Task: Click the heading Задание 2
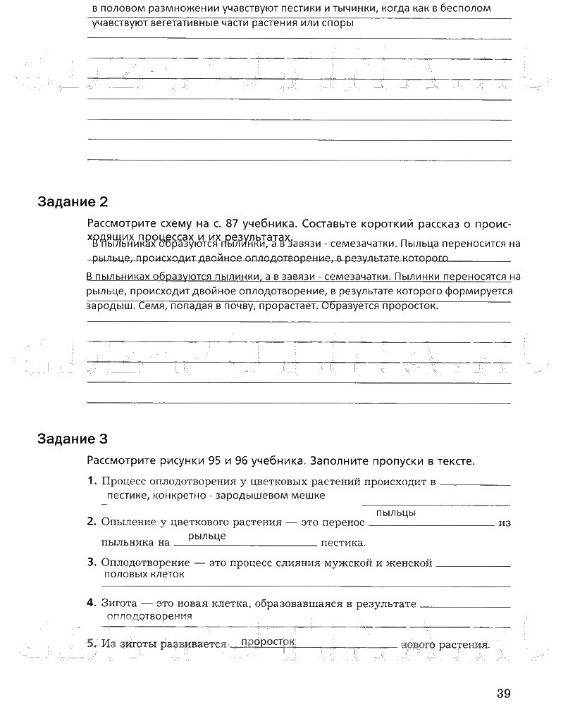pyautogui.click(x=72, y=203)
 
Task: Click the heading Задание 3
pyautogui.click(x=72, y=440)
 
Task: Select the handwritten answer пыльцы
pyautogui.click(x=395, y=513)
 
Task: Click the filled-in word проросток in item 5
pyautogui.click(x=266, y=642)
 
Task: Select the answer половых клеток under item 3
pyautogui.click(x=144, y=574)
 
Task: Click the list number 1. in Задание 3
pyautogui.click(x=92, y=482)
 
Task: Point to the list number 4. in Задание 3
pyautogui.click(x=92, y=603)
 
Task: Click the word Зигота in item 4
pyautogui.click(x=118, y=603)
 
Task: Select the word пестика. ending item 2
pyautogui.click(x=343, y=544)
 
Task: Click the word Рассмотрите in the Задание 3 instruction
pyautogui.click(x=120, y=462)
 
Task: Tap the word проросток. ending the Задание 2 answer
pyautogui.click(x=409, y=306)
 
